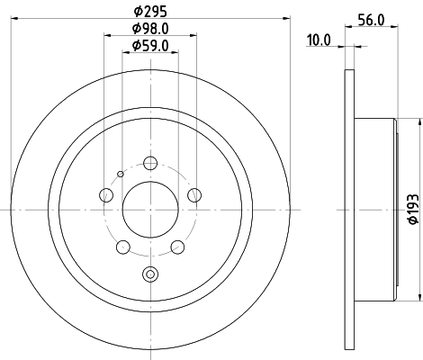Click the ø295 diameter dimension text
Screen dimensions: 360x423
coord(149,12)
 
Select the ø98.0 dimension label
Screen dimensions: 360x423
coord(149,29)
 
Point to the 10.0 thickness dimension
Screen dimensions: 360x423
coord(319,39)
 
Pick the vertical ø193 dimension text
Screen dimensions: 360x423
coord(411,209)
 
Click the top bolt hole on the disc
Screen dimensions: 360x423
coord(150,163)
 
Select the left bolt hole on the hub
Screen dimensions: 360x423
coord(107,195)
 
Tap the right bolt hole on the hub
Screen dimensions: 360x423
coord(193,195)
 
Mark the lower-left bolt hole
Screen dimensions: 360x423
coord(124,247)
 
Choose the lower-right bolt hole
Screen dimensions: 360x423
coord(177,247)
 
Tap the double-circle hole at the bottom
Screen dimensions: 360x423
coord(150,275)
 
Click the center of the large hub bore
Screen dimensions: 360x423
coord(150,209)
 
